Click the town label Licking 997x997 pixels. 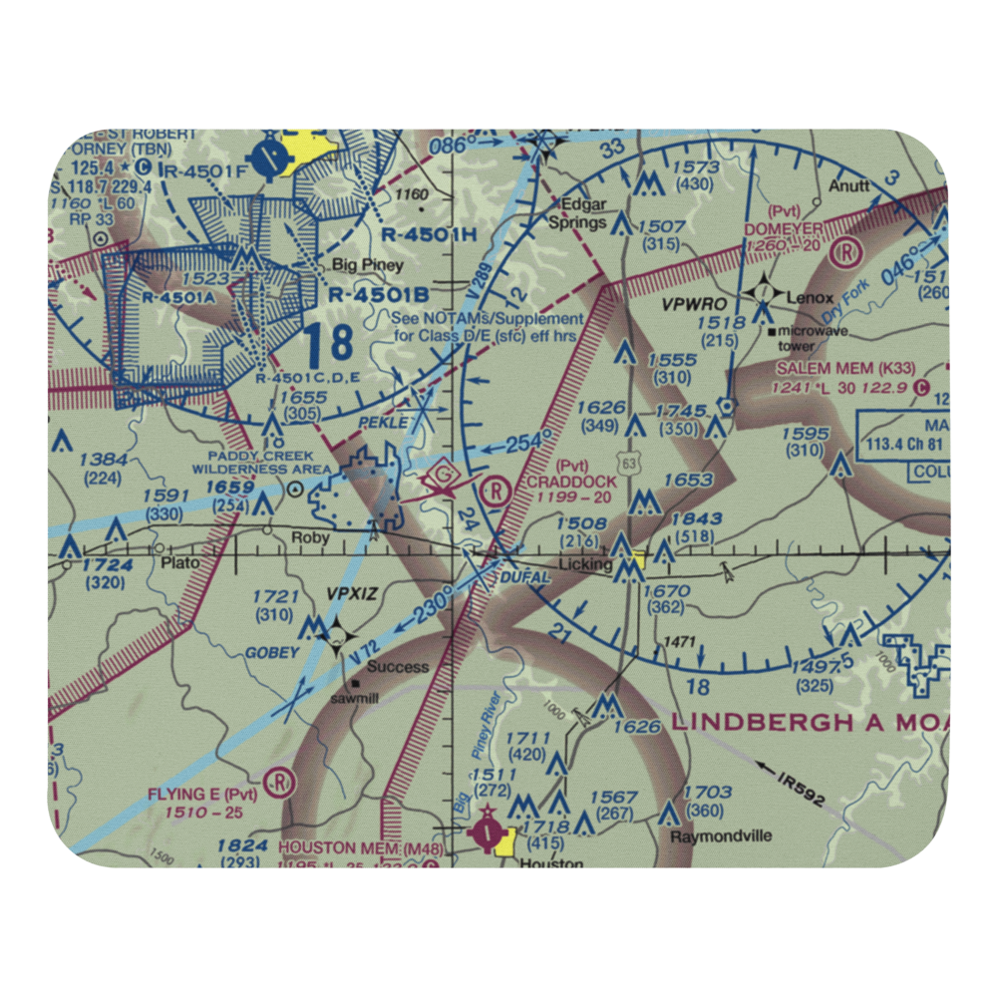tap(585, 564)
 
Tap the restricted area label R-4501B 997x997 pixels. tap(378, 295)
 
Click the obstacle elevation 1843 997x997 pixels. tap(696, 519)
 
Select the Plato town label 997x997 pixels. tap(178, 562)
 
